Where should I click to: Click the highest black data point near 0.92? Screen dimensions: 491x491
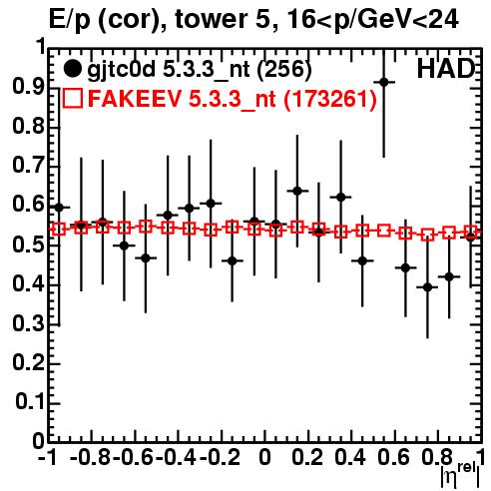384,82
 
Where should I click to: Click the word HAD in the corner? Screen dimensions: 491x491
446,69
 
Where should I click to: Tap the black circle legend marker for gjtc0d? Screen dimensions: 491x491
72,69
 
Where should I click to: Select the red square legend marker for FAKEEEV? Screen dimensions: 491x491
72,98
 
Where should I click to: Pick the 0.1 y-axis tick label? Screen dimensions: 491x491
29,402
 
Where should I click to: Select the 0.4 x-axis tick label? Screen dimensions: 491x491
350,458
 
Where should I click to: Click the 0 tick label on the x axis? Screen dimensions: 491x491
264,458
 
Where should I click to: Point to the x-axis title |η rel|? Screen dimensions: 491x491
461,475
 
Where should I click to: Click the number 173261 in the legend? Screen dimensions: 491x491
330,99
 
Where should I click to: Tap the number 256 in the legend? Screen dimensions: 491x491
284,70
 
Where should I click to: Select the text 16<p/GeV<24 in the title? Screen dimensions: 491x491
373,20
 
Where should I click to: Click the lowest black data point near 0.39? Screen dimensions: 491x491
427,287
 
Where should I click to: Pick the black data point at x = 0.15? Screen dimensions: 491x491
297,191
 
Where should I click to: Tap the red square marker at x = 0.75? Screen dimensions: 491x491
427,235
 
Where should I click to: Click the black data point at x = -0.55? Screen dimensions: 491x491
146,257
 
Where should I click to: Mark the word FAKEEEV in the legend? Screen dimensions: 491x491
136,99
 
